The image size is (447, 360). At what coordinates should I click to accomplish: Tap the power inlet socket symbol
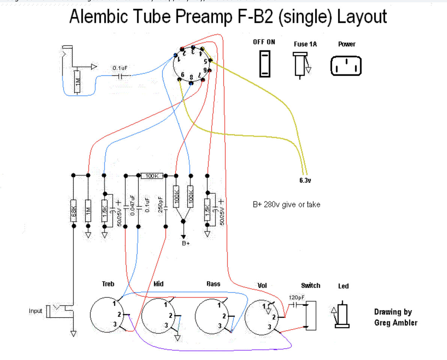coord(346,66)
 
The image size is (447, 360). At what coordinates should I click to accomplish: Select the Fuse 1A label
coord(305,44)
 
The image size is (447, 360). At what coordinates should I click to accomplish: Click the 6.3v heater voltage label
coord(305,180)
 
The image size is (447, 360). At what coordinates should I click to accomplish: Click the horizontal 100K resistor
coord(152,175)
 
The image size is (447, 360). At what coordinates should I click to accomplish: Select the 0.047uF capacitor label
coord(131,205)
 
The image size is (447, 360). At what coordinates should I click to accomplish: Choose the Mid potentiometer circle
coord(159,315)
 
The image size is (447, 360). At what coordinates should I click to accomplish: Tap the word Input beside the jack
coord(36,311)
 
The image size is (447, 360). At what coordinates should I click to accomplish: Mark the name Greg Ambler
coord(396,322)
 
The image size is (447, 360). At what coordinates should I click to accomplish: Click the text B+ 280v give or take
coord(286,205)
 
